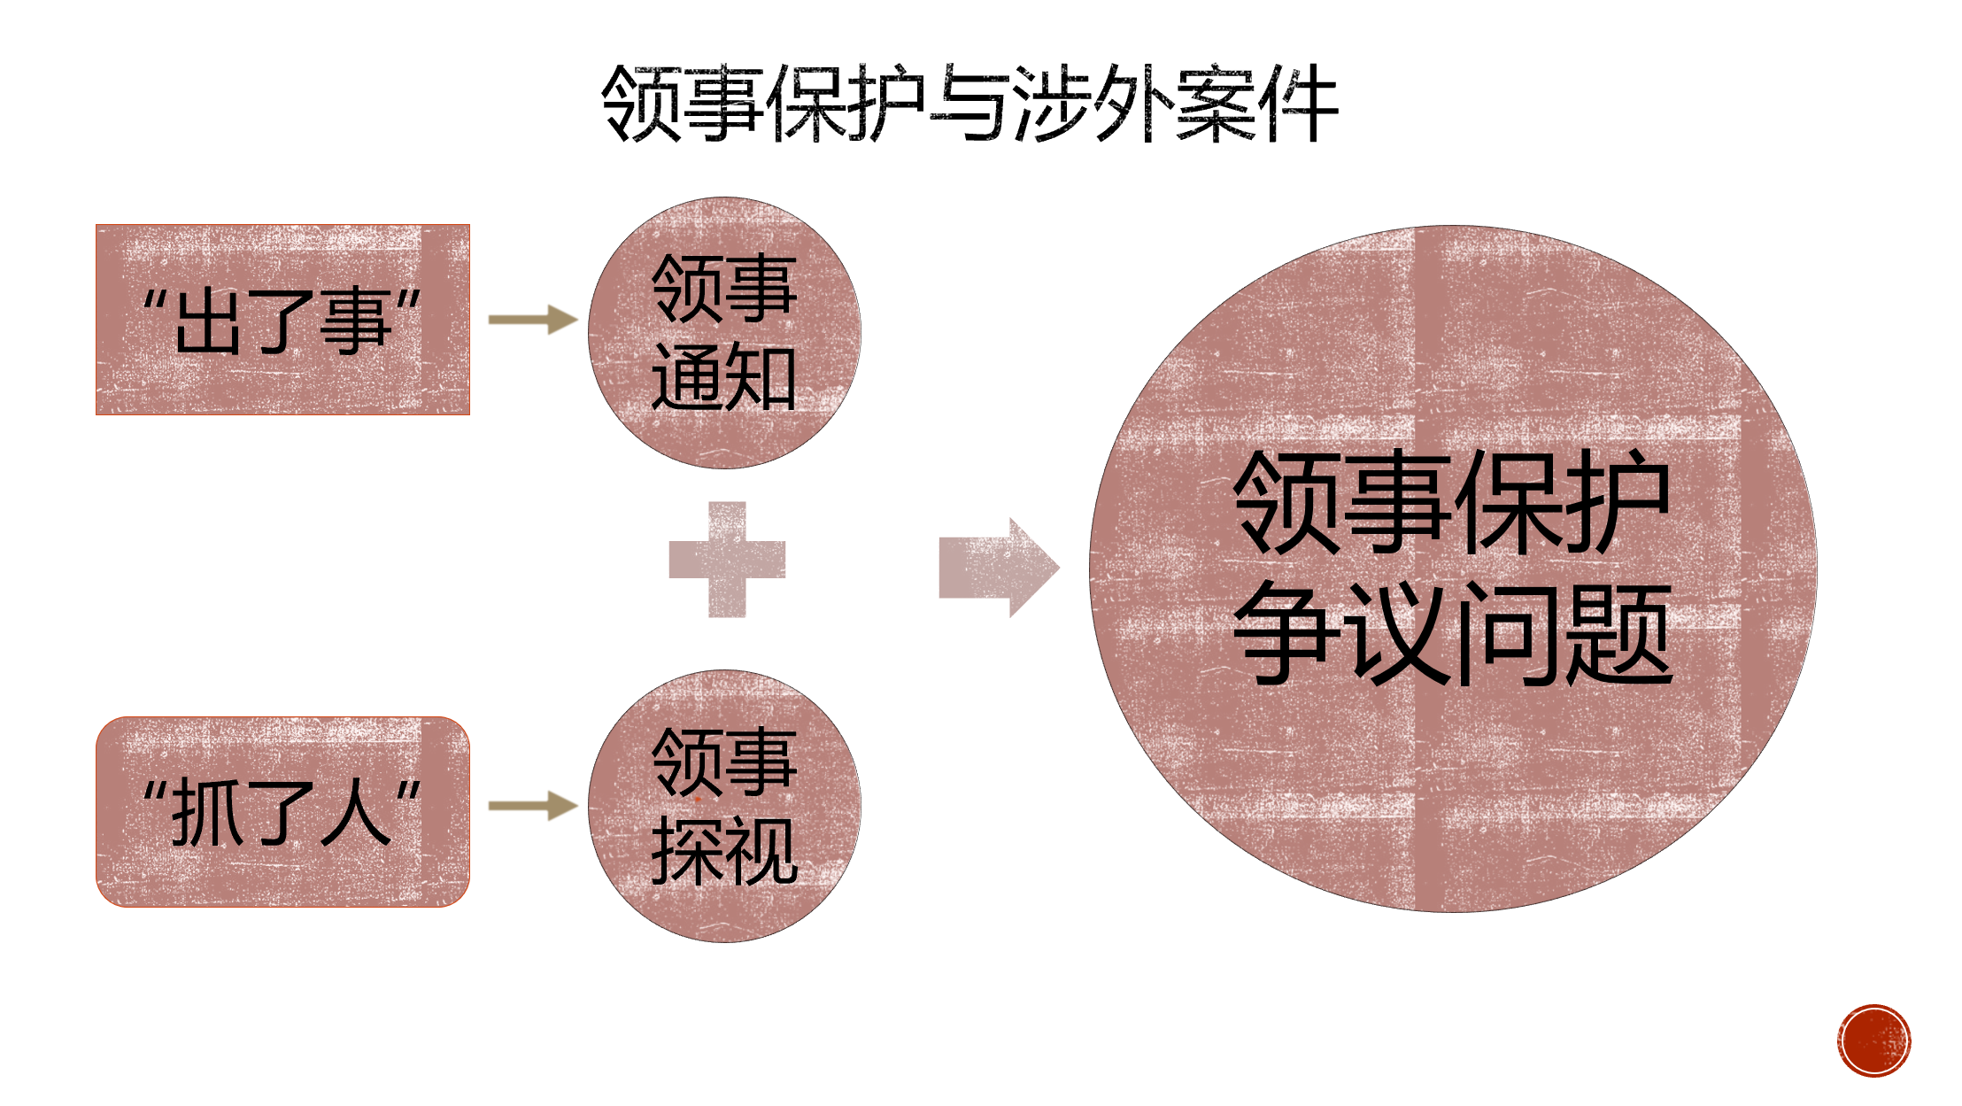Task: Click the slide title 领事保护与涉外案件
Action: click(969, 104)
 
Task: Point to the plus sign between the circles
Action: click(727, 560)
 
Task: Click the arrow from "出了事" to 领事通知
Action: click(532, 320)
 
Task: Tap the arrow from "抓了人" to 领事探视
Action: click(532, 806)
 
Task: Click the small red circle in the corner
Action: click(1873, 1040)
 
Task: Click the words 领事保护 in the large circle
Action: click(1452, 502)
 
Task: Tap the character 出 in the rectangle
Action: click(209, 321)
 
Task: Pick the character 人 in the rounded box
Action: click(355, 813)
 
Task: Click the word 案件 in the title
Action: click(1257, 104)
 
